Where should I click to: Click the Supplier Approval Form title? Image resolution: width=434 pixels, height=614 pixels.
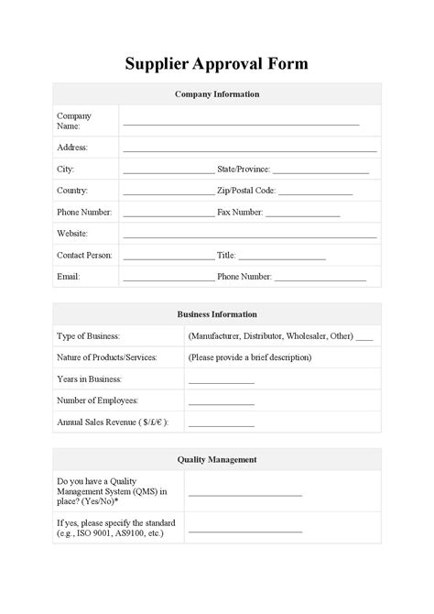point(217,63)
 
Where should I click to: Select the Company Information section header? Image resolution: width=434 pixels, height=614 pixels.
point(217,94)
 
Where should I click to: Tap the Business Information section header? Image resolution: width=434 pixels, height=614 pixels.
point(217,314)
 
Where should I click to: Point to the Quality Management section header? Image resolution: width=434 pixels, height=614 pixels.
point(217,459)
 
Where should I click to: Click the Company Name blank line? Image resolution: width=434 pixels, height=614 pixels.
point(241,124)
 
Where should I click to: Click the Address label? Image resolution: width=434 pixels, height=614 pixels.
point(72,147)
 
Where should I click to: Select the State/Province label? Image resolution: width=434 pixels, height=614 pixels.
point(243,170)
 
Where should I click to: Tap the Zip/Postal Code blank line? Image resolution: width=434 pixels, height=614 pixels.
point(315,193)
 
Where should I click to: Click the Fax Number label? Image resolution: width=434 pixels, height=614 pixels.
point(240,213)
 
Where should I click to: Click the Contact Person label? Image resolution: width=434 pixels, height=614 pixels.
point(84,256)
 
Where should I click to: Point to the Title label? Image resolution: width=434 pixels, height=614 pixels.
point(226,256)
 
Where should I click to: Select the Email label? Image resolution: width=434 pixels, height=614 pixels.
point(69,277)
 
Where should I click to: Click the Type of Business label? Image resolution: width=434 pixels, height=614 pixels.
point(89,336)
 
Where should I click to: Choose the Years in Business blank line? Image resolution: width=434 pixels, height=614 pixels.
point(222,382)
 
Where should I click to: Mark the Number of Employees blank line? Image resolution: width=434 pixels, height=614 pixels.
point(222,403)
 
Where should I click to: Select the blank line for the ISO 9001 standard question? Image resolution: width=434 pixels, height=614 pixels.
point(245,531)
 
